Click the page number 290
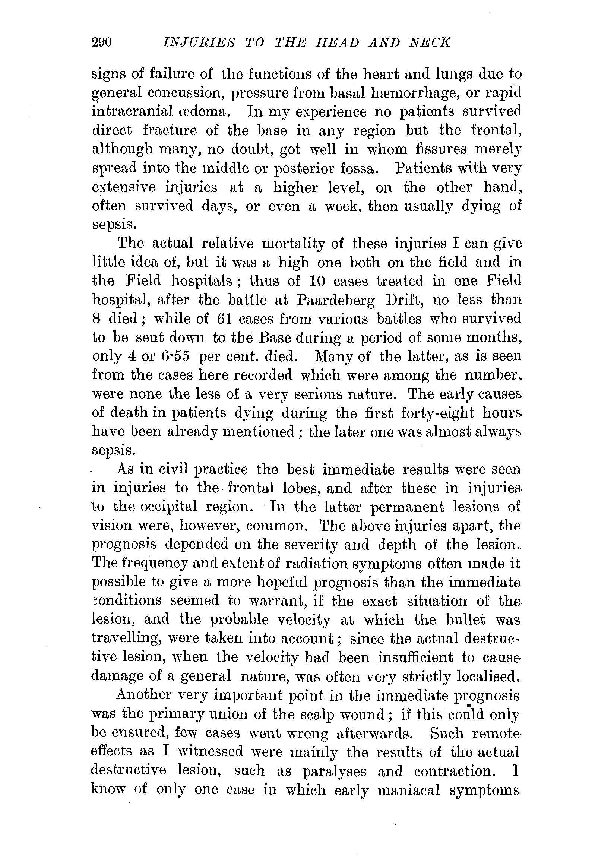101,42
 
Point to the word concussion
186,93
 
